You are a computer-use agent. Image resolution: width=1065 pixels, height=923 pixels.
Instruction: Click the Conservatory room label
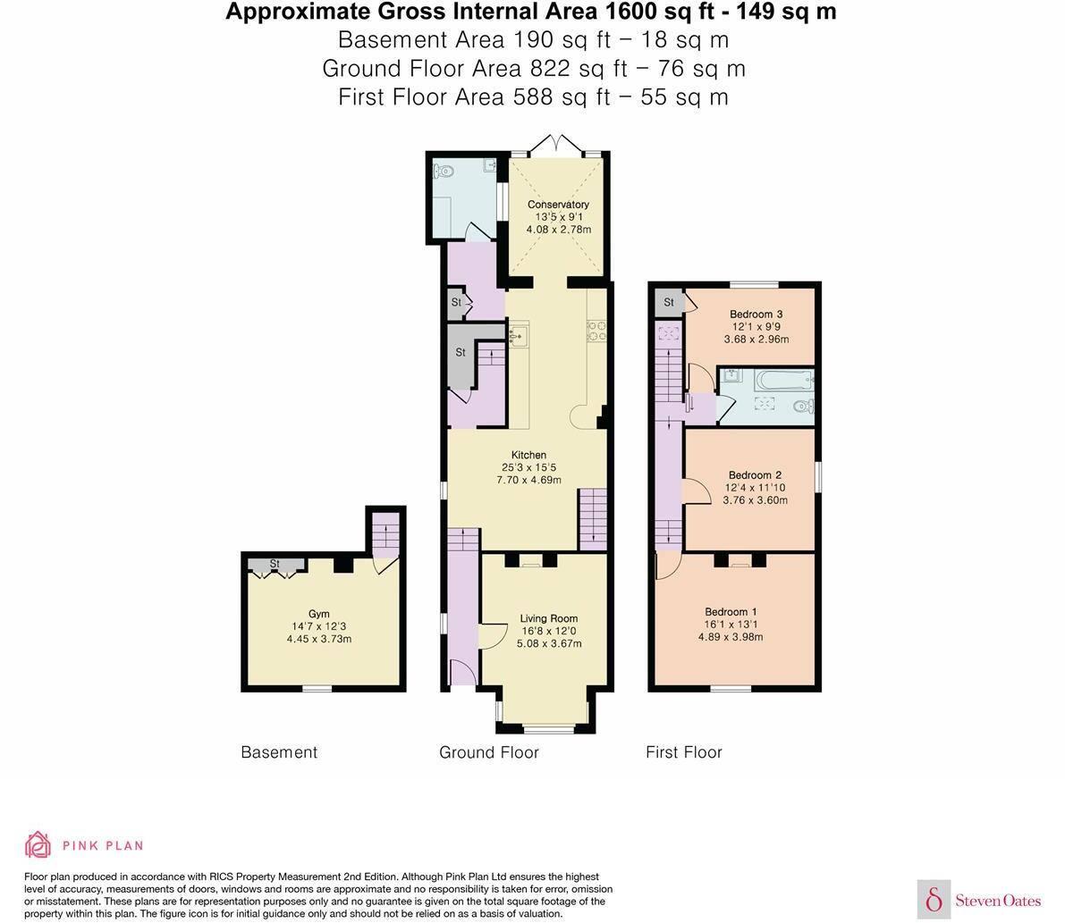(558, 205)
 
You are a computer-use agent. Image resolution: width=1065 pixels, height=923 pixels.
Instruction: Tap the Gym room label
(318, 614)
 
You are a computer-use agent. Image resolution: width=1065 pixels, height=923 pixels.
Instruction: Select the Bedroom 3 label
(756, 314)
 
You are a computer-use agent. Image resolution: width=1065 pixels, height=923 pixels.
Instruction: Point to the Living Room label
(549, 618)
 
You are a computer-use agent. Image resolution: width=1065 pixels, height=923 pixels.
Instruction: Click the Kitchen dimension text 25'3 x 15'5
(528, 467)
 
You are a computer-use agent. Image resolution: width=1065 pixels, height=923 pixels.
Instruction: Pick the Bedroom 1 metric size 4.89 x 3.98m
(730, 637)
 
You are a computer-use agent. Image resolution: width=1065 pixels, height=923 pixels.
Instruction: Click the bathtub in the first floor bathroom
(783, 382)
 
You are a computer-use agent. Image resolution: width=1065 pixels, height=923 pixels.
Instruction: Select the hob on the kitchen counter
(596, 331)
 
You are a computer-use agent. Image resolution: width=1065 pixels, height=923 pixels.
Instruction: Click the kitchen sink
(518, 335)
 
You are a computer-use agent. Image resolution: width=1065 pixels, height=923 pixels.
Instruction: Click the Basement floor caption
(279, 752)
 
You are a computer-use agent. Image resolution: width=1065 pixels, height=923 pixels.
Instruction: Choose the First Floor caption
(683, 752)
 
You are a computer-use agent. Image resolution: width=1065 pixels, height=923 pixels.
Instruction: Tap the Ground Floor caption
(488, 752)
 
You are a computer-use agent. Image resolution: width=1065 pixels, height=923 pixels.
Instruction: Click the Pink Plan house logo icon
(38, 844)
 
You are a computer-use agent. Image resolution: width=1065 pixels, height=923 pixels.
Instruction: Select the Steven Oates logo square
(934, 898)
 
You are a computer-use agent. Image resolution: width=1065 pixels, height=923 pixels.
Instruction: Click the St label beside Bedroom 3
(668, 303)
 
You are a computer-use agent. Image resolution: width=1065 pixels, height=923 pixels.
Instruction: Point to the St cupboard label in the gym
(275, 565)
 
